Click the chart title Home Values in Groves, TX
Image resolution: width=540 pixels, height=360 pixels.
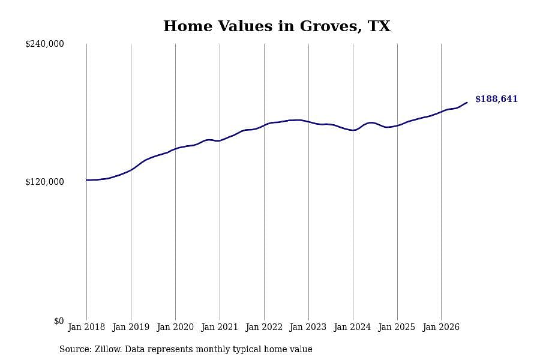(277, 26)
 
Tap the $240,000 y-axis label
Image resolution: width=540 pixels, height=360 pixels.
(44, 44)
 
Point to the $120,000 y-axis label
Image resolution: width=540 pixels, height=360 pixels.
(44, 182)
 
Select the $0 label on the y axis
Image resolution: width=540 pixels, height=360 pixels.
(59, 321)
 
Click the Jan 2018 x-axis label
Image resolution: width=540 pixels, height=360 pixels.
(86, 327)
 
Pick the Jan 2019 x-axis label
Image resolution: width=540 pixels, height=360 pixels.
(131, 327)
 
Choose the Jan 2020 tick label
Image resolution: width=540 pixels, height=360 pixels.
(175, 327)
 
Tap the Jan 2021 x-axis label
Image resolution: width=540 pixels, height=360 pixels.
(220, 327)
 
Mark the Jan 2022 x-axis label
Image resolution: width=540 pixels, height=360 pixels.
(264, 327)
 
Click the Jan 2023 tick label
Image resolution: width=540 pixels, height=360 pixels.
(308, 327)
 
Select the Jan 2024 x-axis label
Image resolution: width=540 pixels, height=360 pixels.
(353, 327)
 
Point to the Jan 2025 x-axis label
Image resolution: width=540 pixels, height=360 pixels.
(397, 327)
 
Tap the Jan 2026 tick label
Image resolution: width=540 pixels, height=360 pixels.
(441, 327)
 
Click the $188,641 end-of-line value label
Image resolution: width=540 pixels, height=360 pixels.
(497, 99)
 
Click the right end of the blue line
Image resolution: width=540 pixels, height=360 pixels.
(467, 103)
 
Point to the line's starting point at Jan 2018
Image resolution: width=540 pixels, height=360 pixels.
(86, 180)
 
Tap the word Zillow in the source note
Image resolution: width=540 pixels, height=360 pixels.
(108, 349)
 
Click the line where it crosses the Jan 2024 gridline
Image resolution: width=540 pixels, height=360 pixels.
(353, 130)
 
